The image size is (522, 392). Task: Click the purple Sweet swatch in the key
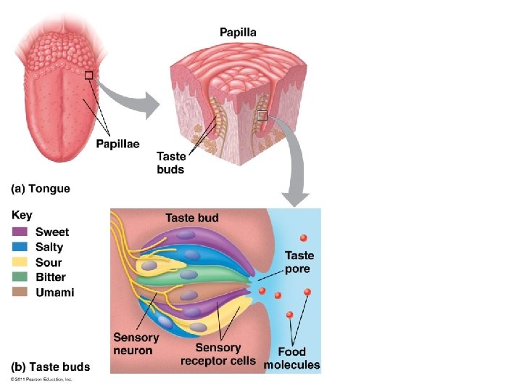20,232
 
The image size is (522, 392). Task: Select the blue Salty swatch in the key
20,247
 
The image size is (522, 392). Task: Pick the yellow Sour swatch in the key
20,262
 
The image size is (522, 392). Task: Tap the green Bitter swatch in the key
20,277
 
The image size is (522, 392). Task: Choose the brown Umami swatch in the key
20,293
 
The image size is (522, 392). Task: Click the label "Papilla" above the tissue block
238,32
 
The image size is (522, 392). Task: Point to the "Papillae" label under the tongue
117,144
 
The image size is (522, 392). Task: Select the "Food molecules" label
291,359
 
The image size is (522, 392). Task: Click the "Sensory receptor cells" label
217,355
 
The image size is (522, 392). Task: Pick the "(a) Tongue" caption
41,189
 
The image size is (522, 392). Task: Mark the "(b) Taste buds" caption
50,367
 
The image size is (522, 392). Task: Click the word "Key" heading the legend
22,216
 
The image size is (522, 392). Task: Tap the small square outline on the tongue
88,75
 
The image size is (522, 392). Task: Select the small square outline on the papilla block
262,115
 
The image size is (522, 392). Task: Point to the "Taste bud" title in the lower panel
191,218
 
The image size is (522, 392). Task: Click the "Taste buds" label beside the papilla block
170,163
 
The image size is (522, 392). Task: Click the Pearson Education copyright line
41,379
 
